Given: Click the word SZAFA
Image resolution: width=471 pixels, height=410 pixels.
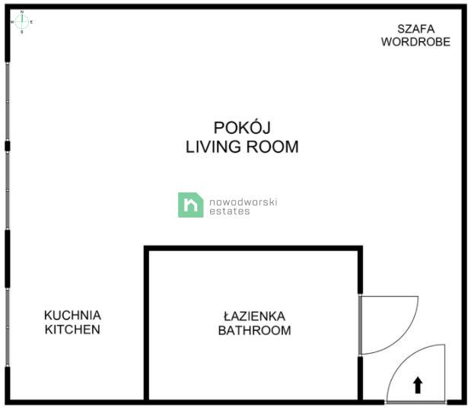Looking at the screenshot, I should click(415, 29).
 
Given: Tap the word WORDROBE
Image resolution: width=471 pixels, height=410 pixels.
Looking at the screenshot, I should click(415, 42).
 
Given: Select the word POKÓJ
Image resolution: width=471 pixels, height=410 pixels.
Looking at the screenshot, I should click(242, 127).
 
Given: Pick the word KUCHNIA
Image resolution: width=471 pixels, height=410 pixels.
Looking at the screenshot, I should click(72, 315).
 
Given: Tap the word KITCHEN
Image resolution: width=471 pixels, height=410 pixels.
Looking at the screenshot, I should click(72, 329).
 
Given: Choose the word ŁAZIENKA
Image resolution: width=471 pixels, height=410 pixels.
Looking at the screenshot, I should click(254, 316).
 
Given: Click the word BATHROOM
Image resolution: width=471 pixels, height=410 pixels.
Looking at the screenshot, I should click(254, 330).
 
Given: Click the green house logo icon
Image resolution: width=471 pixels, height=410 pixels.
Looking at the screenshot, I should click(191, 205).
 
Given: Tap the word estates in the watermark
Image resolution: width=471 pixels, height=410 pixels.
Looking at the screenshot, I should click(230, 211).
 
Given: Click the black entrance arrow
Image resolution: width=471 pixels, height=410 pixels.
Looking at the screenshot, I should click(417, 385).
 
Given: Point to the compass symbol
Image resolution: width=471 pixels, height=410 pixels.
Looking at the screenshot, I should click(22, 22).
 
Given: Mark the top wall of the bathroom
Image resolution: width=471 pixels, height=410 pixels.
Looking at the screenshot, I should click(253, 248).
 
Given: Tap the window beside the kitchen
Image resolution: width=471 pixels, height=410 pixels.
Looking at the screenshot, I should click(8, 327).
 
